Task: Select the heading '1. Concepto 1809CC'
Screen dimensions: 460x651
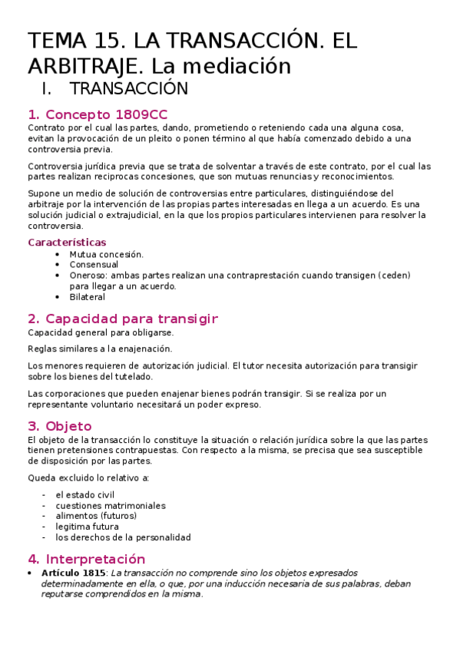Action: tap(97, 114)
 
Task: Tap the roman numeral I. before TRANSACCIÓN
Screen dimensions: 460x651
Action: tap(53, 89)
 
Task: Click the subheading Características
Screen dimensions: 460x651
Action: tap(67, 243)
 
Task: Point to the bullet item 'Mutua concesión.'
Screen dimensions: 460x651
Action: tap(106, 254)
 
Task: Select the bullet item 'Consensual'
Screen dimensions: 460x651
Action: tap(94, 265)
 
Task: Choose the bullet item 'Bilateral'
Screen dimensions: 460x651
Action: tap(87, 297)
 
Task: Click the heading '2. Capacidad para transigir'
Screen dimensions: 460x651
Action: tap(123, 319)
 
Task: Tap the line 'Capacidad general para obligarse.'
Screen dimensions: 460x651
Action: tap(101, 332)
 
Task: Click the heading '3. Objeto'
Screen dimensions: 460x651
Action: tap(59, 426)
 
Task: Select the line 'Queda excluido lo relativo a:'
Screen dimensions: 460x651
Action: tap(88, 478)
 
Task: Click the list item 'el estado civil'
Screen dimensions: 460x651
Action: tap(84, 495)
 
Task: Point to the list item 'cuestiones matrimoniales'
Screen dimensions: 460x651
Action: tap(110, 506)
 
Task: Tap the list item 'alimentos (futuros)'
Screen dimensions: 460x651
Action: tap(96, 517)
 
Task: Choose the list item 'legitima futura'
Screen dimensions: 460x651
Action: tap(87, 527)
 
